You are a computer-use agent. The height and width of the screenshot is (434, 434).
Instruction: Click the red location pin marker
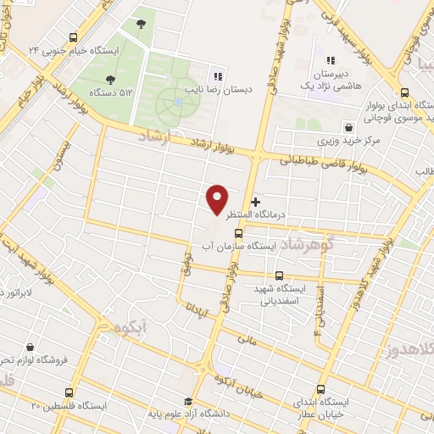[x=217, y=199]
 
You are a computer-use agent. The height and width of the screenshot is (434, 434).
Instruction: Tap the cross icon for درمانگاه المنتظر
[x=255, y=202]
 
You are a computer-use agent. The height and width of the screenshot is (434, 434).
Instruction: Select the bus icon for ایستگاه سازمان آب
[x=238, y=233]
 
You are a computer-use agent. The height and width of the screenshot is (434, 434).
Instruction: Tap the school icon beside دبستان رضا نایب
[x=218, y=75]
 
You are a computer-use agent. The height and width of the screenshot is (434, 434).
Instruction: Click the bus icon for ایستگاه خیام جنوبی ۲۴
[x=73, y=37]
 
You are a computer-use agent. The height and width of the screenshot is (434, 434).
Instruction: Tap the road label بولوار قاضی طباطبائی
[x=326, y=162]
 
